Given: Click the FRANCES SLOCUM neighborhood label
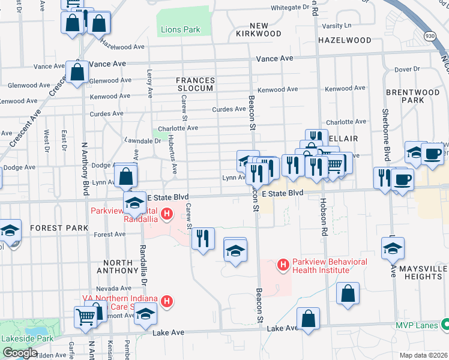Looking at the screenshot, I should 194,84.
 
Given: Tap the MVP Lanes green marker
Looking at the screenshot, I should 445,325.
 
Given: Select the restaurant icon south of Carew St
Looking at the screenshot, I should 203,238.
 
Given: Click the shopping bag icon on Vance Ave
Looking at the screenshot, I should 77,71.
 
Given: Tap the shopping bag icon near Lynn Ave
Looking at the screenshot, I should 125,176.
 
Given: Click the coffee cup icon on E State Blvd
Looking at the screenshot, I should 403,179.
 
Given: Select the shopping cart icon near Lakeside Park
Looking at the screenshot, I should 86,316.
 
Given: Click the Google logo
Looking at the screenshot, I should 20,352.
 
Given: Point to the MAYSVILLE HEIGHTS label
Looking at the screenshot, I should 423,272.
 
